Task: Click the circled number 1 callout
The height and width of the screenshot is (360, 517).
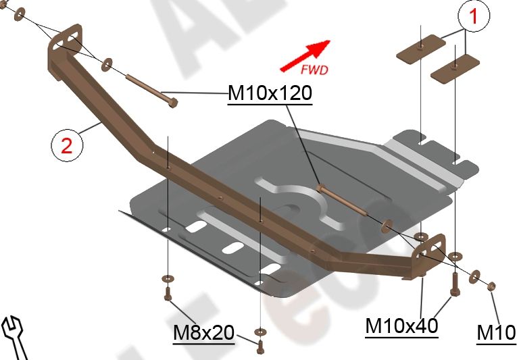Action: [473, 17]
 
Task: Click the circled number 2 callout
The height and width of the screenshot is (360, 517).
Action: [66, 145]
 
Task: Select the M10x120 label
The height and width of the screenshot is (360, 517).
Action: [270, 94]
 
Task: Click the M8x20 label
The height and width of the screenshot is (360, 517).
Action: [203, 333]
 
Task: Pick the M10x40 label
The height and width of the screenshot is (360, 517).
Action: [401, 326]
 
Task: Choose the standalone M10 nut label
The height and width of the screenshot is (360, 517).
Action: [496, 333]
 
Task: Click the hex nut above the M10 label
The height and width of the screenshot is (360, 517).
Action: [491, 285]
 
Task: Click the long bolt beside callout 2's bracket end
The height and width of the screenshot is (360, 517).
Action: [151, 91]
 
